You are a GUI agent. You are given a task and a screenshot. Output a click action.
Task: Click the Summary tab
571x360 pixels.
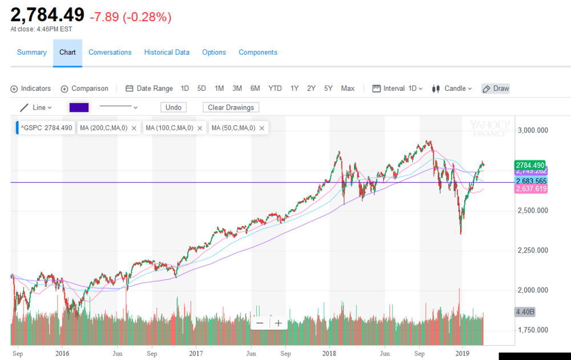coord(31,53)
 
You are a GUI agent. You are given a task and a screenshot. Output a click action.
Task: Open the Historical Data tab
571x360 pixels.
coord(167,53)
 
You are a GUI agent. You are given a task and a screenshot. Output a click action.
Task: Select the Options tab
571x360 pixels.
coord(214,53)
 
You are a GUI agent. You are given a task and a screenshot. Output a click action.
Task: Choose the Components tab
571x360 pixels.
coord(258,53)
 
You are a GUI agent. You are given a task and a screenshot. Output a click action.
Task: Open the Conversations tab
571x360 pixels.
coord(110,53)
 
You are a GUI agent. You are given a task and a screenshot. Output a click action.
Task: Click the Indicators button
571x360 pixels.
coord(31,89)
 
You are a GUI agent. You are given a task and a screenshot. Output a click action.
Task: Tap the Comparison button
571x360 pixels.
coord(85,89)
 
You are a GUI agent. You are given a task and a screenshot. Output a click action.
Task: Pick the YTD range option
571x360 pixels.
coord(275,89)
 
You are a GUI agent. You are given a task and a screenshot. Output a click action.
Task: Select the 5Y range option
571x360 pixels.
coord(328,89)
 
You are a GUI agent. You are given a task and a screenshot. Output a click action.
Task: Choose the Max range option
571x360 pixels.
coord(348,89)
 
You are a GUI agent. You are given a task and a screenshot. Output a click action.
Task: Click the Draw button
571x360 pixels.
coord(496,89)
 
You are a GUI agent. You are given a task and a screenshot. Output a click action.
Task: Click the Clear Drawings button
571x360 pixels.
coord(231,107)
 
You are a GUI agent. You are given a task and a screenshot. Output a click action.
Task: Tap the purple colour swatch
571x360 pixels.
coord(79,107)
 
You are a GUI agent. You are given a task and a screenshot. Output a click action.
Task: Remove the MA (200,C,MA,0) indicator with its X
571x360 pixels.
coord(134,128)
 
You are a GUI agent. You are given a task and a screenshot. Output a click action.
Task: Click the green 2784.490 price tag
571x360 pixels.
coord(530,165)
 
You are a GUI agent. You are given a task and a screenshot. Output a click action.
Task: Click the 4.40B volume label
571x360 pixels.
coord(524,312)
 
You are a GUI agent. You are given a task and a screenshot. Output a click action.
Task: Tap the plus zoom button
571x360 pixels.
coord(278,323)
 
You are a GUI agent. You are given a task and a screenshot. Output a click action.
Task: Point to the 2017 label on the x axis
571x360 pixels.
coord(196,354)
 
